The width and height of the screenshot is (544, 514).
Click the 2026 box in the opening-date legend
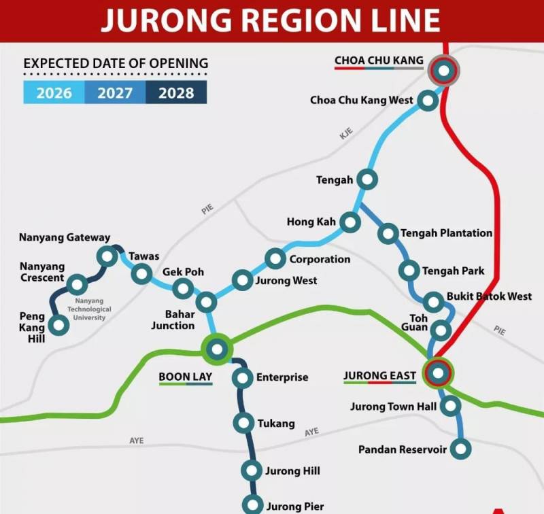click(54, 93)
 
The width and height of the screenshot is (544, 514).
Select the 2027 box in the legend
click(115, 93)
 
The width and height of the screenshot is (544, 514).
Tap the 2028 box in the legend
click(176, 93)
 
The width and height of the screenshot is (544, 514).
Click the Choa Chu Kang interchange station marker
click(444, 70)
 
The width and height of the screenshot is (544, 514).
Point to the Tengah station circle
click(367, 180)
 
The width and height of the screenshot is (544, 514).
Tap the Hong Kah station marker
click(350, 222)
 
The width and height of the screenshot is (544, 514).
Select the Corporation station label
click(320, 259)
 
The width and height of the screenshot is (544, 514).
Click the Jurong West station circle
click(242, 280)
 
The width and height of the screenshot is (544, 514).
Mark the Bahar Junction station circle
click(205, 302)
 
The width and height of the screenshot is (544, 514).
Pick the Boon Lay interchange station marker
click(217, 349)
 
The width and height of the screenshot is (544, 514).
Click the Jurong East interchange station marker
click(438, 373)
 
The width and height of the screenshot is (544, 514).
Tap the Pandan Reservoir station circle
click(462, 449)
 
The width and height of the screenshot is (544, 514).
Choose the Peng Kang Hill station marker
click(59, 325)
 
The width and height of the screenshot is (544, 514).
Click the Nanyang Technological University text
click(93, 309)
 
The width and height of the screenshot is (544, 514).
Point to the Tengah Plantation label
click(446, 233)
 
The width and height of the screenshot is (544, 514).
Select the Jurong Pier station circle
click(253, 505)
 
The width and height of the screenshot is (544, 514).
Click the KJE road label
click(347, 135)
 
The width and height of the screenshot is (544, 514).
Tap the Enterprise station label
click(282, 377)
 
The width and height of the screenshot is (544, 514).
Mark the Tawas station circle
click(142, 274)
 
